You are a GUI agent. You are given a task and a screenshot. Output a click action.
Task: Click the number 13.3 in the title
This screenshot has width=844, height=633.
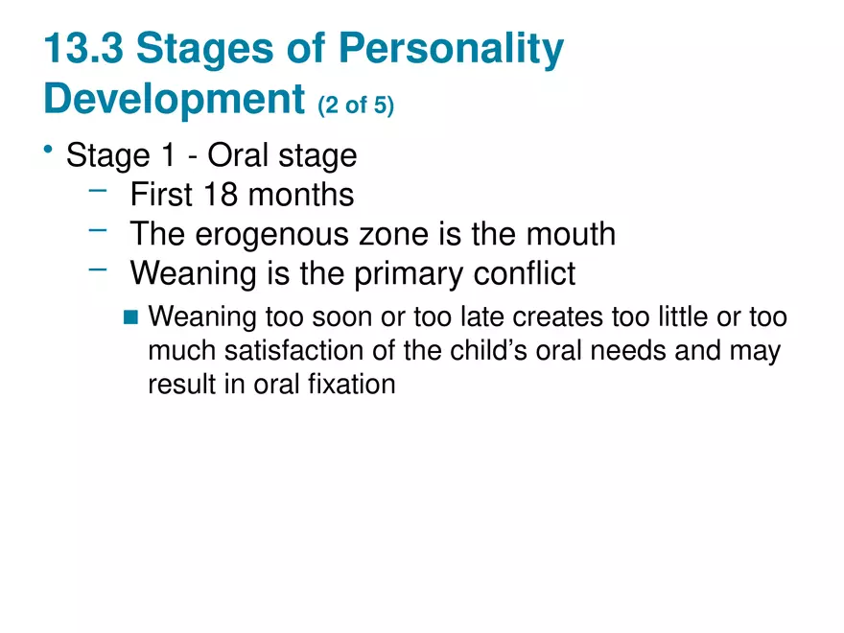point(84,50)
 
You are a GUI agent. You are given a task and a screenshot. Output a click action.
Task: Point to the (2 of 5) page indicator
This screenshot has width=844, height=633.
point(355,105)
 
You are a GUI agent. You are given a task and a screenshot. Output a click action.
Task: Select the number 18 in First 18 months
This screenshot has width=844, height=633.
point(222,195)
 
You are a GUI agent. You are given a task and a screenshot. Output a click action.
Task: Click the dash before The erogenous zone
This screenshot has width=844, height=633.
point(97,230)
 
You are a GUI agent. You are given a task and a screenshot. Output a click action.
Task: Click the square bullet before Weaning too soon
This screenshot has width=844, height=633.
point(131,316)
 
